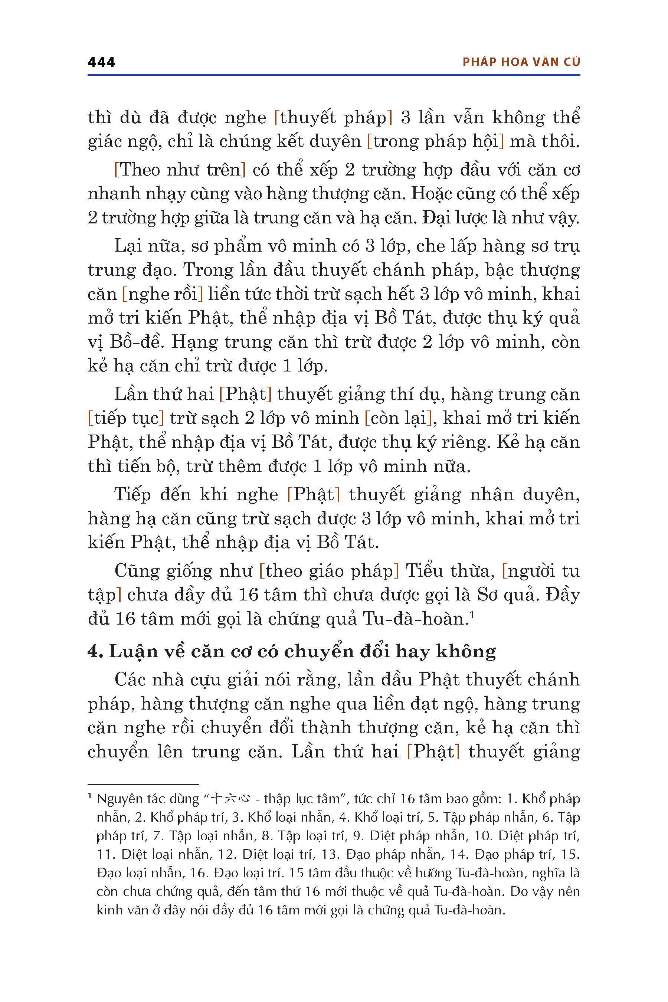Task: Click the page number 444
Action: pos(101,63)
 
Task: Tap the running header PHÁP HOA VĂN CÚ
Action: pos(521,62)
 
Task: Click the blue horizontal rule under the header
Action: pos(334,75)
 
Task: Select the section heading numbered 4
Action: pos(292,651)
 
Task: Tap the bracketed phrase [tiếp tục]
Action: pos(126,418)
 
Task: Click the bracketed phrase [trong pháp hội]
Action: pos(435,141)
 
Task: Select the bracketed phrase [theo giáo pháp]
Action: pos(329,571)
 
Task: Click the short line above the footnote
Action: pos(143,784)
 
